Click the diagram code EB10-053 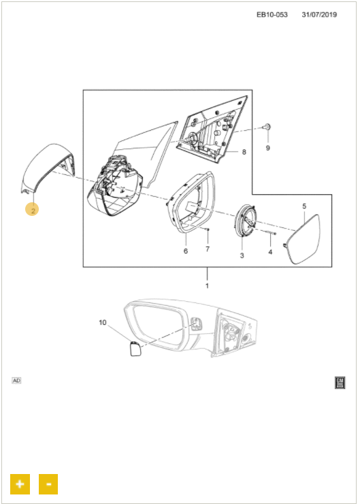[272, 15]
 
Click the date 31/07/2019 [319, 15]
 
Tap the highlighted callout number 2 [32, 210]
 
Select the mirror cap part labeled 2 [50, 169]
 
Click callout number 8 [244, 152]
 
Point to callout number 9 [268, 148]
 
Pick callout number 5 [304, 206]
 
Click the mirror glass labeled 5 [303, 239]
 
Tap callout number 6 [186, 251]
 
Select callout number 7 [208, 249]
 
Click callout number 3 [242, 255]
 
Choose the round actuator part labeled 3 [246, 222]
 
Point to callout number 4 [270, 252]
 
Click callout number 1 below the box [207, 286]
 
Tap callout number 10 [103, 322]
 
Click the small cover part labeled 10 [135, 349]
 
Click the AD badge [16, 381]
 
